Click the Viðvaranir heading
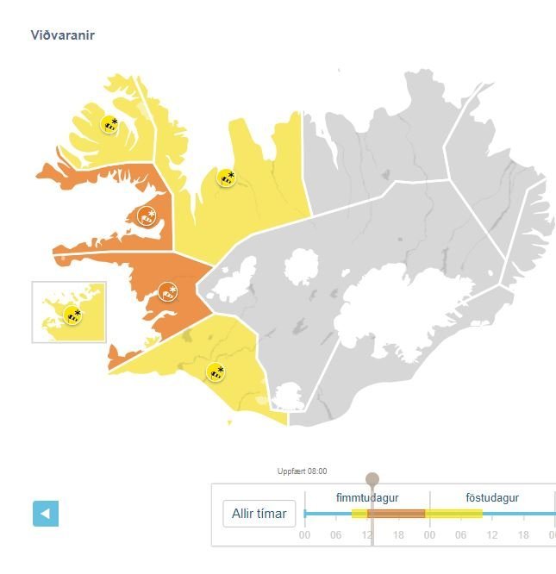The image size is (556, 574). point(62,35)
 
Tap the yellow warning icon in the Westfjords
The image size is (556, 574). point(109,124)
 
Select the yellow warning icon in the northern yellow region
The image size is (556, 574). point(226,178)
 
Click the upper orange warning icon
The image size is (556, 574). point(147,216)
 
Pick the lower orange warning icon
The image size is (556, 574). point(168,292)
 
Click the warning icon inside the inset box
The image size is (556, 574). point(73,315)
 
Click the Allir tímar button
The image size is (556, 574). point(259,515)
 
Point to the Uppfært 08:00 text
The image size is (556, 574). point(302,471)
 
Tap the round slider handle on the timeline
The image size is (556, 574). point(372,479)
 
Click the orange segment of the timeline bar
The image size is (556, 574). point(397,514)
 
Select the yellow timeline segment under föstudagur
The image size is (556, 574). point(454,514)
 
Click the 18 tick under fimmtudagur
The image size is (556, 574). point(398,535)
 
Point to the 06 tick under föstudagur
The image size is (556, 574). point(460,535)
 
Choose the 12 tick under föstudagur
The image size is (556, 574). point(491,535)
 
